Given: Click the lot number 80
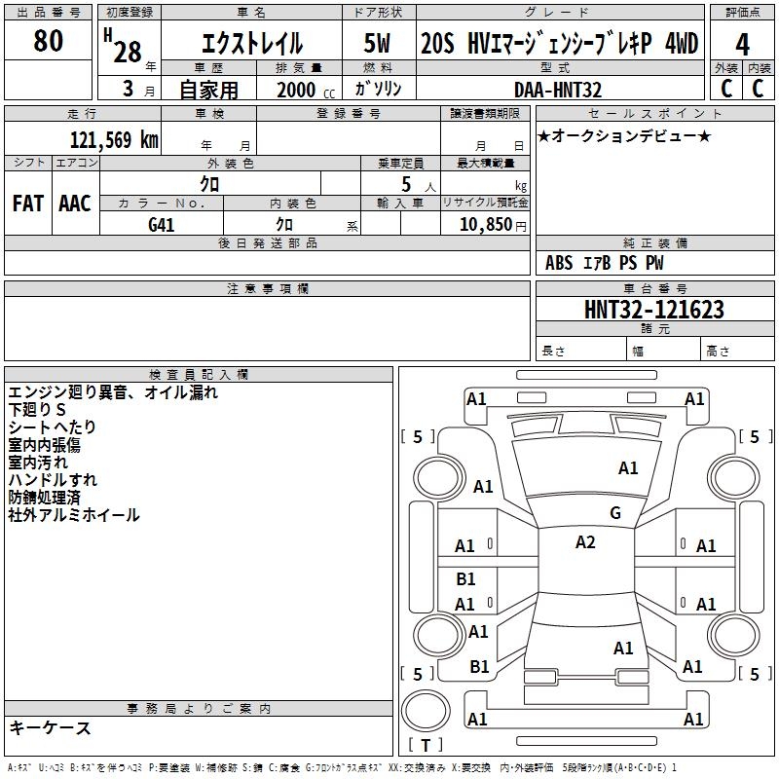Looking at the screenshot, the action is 48,41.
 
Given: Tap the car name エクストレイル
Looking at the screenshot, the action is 251,44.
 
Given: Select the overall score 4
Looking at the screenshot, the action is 743,44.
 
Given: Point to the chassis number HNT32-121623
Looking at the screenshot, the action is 654,310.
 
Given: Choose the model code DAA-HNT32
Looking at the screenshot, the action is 558,90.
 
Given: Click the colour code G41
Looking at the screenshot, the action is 162,224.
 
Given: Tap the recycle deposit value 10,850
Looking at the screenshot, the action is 482,224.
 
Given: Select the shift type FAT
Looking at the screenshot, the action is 27,204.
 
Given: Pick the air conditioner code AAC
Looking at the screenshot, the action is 75,204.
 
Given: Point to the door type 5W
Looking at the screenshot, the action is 377,44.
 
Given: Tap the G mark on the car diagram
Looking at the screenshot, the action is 615,513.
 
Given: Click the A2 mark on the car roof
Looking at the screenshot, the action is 585,542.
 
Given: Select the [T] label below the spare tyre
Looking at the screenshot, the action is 426,745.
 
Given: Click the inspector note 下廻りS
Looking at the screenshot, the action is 38,410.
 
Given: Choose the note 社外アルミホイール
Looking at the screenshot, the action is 74,515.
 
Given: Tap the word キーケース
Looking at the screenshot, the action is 50,727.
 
